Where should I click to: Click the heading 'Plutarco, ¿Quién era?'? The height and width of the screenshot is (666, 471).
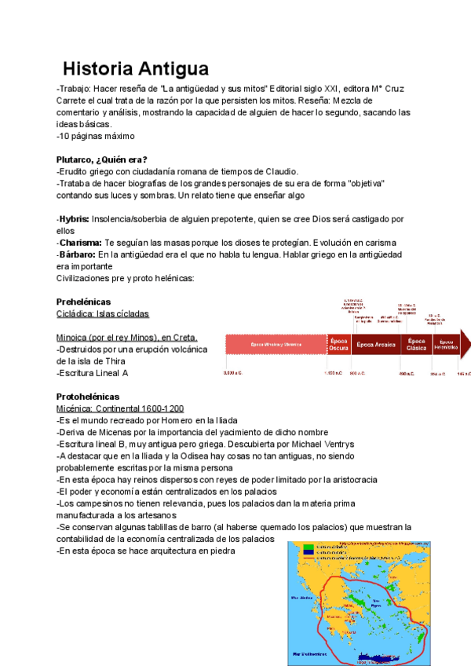[102, 159]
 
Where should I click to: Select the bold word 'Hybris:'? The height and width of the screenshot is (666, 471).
[73, 218]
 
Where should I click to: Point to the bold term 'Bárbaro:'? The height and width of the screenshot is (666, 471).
[77, 254]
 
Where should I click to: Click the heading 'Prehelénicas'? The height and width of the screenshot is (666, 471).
[84, 302]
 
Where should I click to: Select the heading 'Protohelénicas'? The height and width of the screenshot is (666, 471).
[88, 397]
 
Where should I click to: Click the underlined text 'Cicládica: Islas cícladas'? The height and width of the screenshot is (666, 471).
[103, 313]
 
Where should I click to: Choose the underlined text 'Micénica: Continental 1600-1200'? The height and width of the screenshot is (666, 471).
[120, 408]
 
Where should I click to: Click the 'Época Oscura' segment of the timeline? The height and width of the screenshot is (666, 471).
[339, 345]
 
